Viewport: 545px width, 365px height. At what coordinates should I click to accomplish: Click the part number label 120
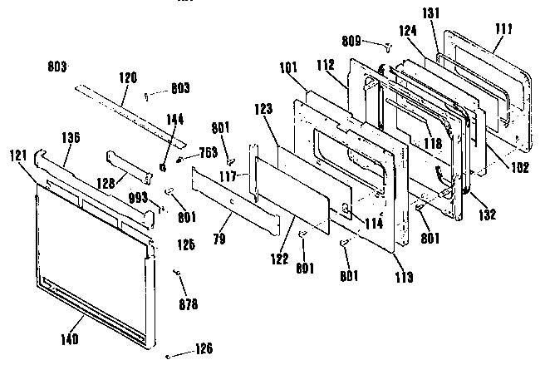(x=127, y=76)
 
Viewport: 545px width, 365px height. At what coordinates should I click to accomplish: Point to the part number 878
(x=188, y=303)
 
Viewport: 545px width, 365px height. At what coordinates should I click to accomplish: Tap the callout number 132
(x=486, y=215)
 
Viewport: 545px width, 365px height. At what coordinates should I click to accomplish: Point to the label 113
(x=403, y=278)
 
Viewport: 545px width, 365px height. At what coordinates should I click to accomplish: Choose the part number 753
(x=208, y=151)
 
